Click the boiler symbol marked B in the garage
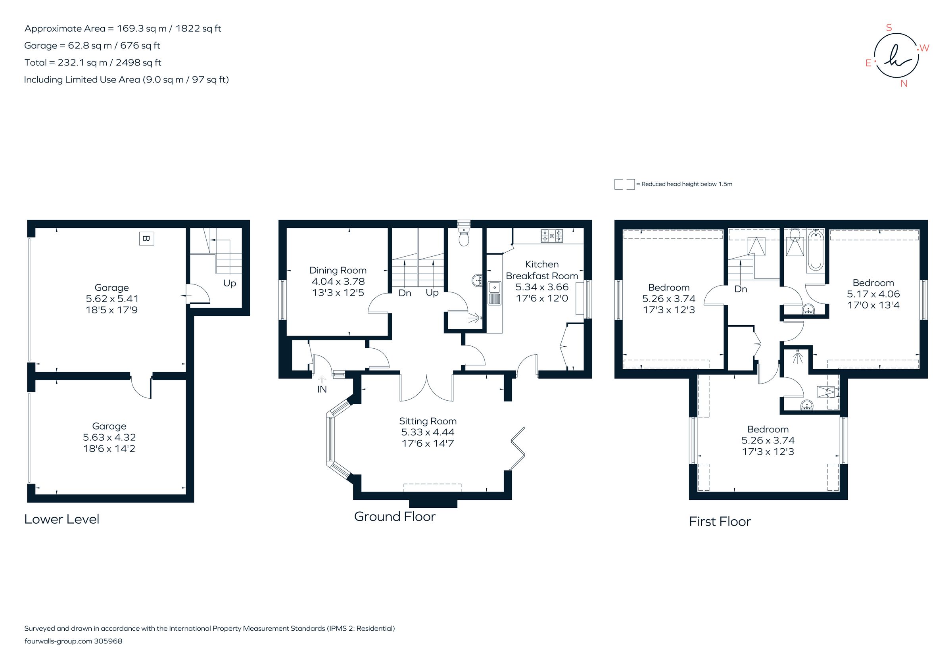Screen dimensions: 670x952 coord(146,238)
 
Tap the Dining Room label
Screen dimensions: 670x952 coord(338,270)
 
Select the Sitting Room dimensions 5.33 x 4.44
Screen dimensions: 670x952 coord(428,432)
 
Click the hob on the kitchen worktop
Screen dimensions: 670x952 coord(552,236)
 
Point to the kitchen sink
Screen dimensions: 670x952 coord(494,293)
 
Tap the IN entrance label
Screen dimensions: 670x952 coord(322,389)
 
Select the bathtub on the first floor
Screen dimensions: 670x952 coord(815,251)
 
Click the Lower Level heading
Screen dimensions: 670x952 coord(61,519)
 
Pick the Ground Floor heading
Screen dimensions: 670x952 coord(394,516)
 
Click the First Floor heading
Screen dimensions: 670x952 coord(720,522)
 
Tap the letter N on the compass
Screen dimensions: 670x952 coord(904,83)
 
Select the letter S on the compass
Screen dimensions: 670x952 coord(889,28)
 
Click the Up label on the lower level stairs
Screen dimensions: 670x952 coord(229,283)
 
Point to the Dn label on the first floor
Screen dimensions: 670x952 coord(741,289)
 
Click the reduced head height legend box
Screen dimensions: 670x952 coord(624,184)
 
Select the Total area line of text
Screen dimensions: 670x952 coord(93,63)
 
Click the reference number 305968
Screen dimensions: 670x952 coord(108,641)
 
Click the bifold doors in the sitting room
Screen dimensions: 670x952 coord(518,448)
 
